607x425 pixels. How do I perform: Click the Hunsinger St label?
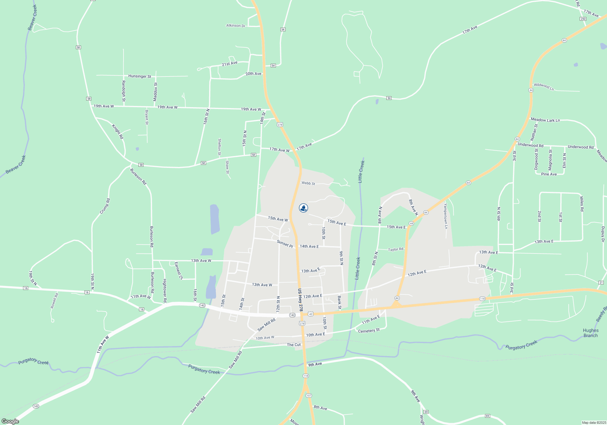point(140,76)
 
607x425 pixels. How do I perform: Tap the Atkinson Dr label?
point(236,26)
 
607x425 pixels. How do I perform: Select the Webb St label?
point(308,183)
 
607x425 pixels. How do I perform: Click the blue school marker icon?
point(303,208)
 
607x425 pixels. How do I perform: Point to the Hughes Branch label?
point(590,333)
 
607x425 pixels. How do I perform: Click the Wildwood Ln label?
point(544,87)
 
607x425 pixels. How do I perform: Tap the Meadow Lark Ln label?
point(545,120)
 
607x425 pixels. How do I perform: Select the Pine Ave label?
point(549,174)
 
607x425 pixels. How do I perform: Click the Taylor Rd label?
point(395,250)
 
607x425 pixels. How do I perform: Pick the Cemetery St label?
point(369,331)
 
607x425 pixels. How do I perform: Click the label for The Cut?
point(293,345)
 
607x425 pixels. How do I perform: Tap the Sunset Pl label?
point(285,244)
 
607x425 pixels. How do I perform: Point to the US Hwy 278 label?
point(300,300)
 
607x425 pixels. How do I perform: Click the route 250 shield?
point(583,19)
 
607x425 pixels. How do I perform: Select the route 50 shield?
point(389,98)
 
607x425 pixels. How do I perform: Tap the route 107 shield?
point(309,396)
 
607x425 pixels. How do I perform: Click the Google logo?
point(10,421)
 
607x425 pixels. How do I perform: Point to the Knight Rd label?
point(118,131)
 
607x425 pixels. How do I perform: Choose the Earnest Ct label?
point(178,271)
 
